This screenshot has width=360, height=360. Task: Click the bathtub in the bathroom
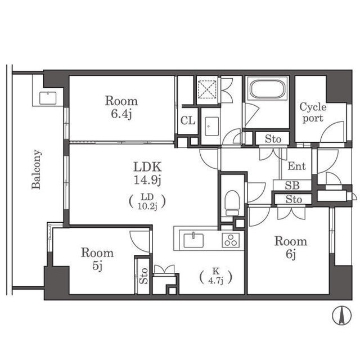(267, 89)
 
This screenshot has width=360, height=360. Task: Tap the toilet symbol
(232, 203)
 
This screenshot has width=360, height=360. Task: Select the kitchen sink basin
(193, 240)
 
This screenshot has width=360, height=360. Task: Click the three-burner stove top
(231, 240)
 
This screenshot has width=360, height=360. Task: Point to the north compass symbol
(342, 316)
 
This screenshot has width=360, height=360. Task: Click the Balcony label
(37, 169)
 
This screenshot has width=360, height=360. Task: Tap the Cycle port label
(313, 112)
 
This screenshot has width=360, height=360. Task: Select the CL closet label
(188, 120)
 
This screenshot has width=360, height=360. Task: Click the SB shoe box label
(292, 185)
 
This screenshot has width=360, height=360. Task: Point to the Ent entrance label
(296, 166)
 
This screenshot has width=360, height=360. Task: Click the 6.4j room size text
(121, 114)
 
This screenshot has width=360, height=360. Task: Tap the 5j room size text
(97, 266)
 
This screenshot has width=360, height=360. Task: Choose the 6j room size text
(291, 254)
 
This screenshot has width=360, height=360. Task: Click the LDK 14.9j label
(147, 173)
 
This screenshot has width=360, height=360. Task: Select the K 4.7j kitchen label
(216, 276)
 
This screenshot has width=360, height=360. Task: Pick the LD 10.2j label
(147, 201)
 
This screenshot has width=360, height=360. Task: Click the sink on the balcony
(48, 98)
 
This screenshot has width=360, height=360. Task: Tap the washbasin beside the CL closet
(211, 127)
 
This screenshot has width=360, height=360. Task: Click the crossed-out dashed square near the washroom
(207, 89)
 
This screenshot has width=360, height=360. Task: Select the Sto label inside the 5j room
(143, 276)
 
